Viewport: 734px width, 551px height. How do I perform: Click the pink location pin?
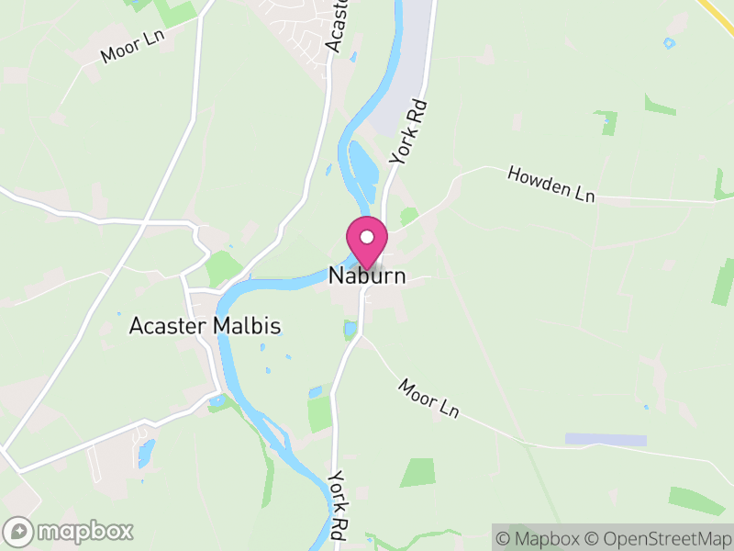coord(366,242)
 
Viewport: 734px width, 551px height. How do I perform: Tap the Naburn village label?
coord(367,275)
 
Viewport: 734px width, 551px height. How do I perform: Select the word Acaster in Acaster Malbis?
coord(169,326)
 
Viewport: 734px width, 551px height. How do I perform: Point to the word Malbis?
coord(247,326)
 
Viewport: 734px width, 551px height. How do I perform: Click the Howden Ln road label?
coord(551,184)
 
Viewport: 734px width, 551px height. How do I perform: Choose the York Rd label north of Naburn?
coord(409,132)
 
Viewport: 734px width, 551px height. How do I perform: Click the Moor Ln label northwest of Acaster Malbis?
coord(132,47)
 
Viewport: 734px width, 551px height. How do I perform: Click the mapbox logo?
coord(69,531)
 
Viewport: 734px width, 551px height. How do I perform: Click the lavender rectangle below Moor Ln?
coord(605,440)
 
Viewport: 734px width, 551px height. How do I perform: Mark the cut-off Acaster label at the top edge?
coord(339,25)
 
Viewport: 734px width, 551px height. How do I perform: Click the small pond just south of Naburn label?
coord(350,329)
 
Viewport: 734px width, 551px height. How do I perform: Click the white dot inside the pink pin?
coord(366,237)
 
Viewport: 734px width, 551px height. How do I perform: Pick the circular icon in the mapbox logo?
coord(19,531)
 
